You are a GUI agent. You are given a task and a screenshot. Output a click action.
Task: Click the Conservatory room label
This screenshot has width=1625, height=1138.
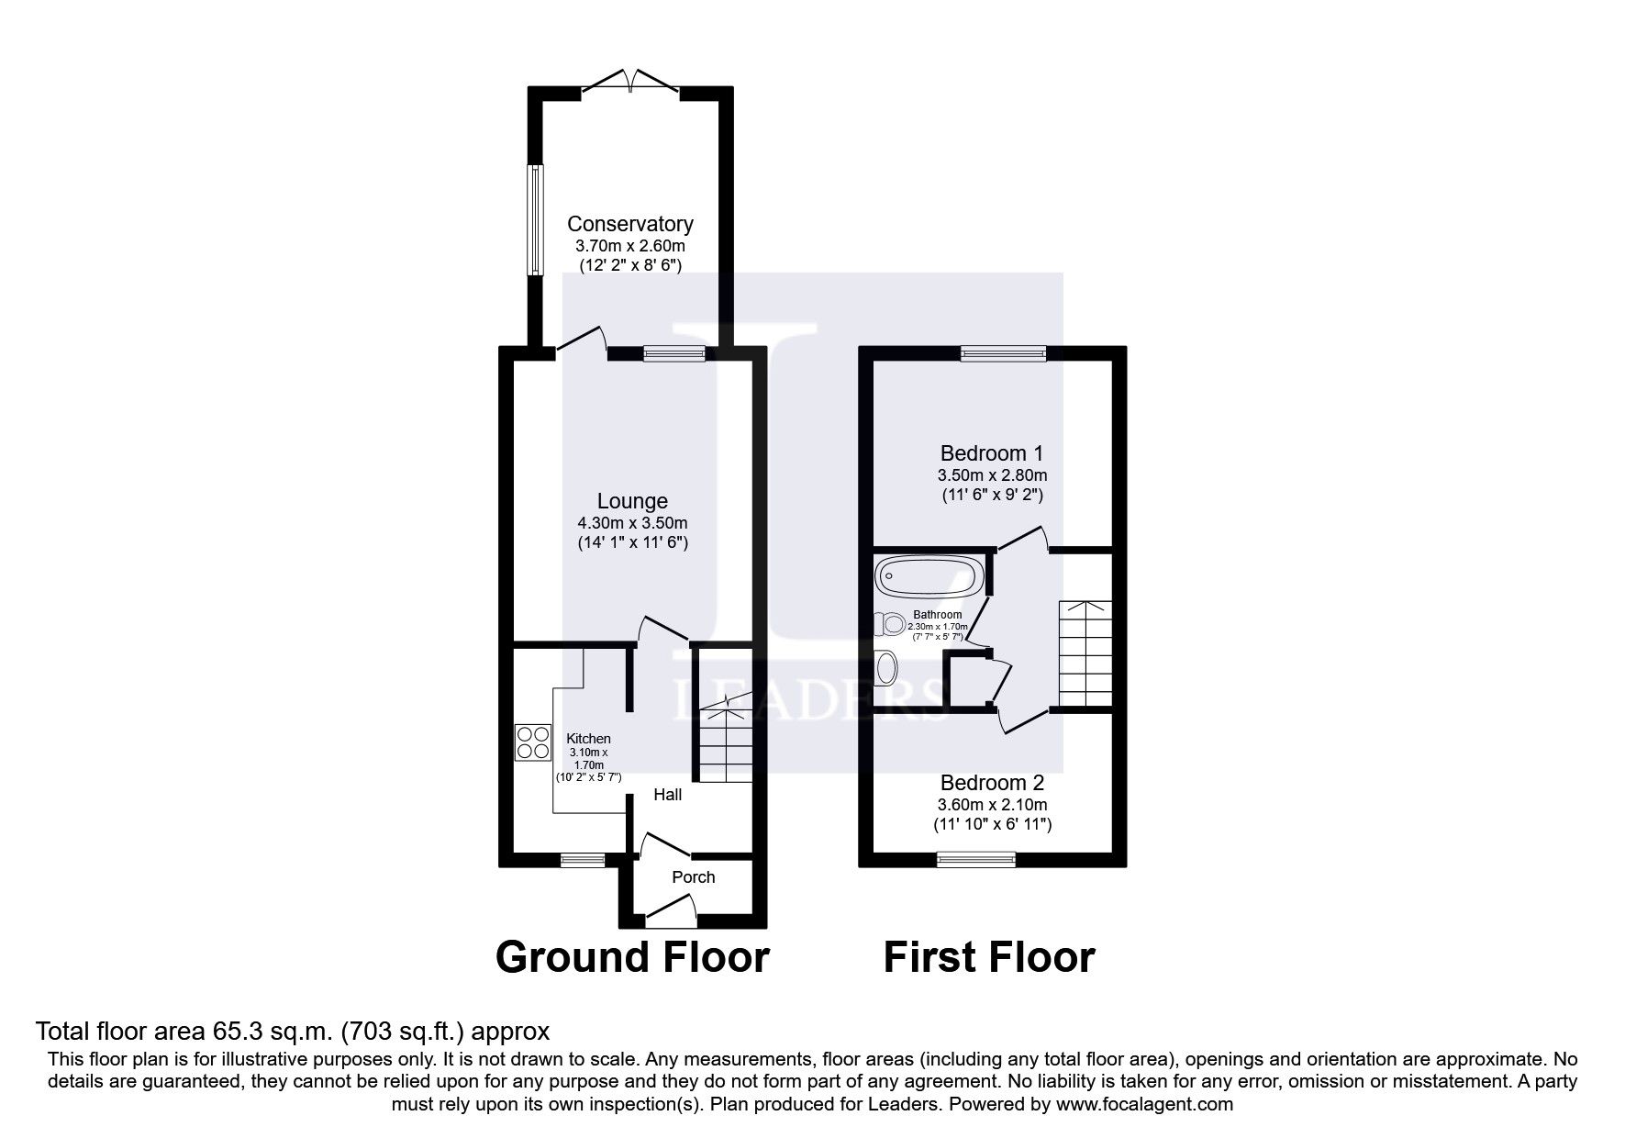(x=629, y=224)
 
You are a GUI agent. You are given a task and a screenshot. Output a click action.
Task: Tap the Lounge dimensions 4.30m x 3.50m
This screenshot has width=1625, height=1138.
(x=631, y=523)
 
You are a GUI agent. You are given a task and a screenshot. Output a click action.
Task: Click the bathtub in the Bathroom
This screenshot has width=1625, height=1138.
(x=929, y=577)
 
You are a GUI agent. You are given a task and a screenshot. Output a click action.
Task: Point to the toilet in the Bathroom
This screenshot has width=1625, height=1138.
(x=890, y=623)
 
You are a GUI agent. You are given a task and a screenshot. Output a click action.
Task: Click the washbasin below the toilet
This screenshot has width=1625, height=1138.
(x=885, y=667)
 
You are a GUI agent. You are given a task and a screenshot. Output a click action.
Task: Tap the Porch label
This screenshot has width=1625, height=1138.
(x=693, y=877)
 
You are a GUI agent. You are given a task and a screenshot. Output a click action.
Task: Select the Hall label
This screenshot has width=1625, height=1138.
(x=667, y=795)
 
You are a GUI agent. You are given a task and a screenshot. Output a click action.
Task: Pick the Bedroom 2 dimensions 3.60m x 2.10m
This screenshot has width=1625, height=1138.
(x=991, y=805)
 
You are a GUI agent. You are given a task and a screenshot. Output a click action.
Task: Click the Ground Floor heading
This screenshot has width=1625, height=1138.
(x=631, y=957)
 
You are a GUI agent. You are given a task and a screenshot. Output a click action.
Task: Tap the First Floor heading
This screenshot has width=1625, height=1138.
(x=988, y=957)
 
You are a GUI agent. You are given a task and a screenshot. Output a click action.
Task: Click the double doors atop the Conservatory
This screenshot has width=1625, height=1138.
(x=631, y=83)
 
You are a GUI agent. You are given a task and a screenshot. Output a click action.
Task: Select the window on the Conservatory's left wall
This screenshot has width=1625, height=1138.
(x=533, y=220)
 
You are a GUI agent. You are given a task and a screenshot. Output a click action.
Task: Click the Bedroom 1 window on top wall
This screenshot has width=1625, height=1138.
(x=1003, y=352)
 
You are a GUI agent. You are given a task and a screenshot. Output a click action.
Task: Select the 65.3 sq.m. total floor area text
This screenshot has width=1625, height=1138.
(x=292, y=1032)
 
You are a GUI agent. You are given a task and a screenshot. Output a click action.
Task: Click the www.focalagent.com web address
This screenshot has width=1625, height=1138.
(x=1144, y=1104)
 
